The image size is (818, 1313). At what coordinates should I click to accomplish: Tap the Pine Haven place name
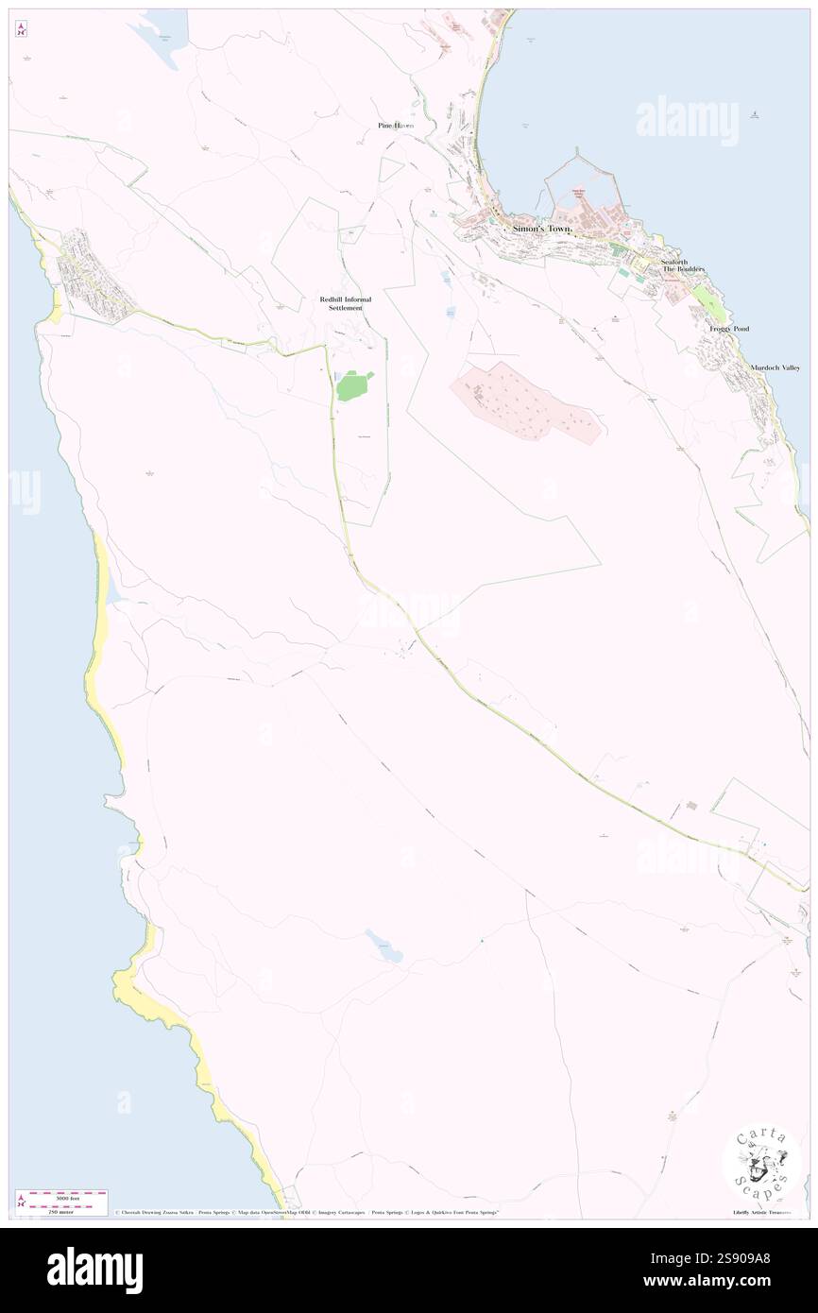[x=396, y=126]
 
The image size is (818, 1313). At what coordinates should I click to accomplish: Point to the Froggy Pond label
[x=729, y=329]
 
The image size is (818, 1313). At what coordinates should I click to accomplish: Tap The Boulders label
[x=682, y=270]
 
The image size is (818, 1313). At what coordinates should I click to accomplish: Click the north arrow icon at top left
[x=21, y=29]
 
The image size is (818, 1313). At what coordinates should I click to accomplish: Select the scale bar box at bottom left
[x=61, y=1202]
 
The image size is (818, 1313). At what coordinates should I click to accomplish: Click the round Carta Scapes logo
[x=761, y=1162]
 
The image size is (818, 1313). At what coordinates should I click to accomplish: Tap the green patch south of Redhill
[x=354, y=385]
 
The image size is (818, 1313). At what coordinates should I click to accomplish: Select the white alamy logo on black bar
[x=94, y=1270]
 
